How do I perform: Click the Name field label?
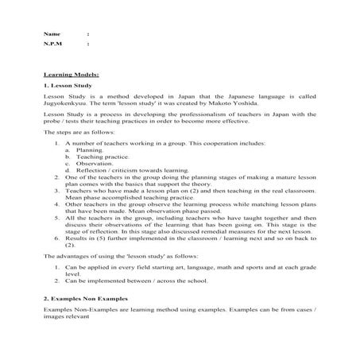[x=52, y=35]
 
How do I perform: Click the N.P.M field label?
[x=54, y=45]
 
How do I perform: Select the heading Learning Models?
[x=66, y=72]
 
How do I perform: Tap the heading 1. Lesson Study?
[x=67, y=83]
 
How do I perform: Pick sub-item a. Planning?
[x=89, y=149]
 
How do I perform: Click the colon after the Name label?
[x=87, y=35]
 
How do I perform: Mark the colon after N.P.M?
[x=87, y=45]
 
